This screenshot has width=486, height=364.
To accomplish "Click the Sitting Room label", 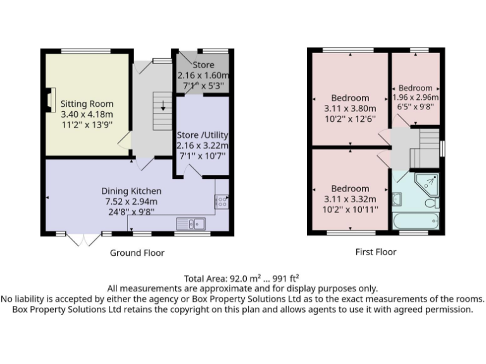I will click(87, 104).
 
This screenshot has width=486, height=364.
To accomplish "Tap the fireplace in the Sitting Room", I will click(49, 100).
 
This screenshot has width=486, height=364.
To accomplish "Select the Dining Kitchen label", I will click(132, 191).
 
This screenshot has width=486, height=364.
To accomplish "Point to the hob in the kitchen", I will click(222, 201).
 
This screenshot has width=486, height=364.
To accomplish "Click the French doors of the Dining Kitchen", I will click(84, 239).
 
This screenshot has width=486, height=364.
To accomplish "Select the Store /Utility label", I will click(202, 135).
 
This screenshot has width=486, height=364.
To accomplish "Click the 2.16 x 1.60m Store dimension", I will click(203, 75).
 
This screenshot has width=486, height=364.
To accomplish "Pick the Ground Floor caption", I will click(137, 253).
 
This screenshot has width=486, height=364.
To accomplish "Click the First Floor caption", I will click(376, 252).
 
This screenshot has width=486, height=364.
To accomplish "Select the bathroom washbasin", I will click(397, 200).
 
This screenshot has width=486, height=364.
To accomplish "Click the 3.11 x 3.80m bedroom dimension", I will click(351, 108).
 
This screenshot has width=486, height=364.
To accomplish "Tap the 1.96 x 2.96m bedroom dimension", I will click(415, 97).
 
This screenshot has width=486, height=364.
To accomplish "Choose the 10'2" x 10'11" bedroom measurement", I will click(351, 209).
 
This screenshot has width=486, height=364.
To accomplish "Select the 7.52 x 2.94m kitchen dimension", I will click(132, 201).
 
